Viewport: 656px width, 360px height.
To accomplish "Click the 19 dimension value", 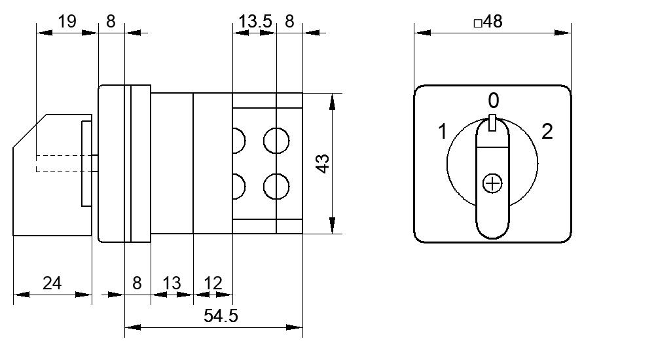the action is (x=67, y=21).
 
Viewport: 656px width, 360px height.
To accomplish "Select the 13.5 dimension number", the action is (x=255, y=21).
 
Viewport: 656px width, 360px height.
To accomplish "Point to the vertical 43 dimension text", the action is (x=323, y=164).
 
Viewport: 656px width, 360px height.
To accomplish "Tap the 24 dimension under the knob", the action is (x=52, y=283).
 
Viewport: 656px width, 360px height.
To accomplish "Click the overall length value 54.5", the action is (x=221, y=315).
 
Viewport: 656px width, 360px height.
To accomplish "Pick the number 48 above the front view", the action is (x=493, y=21).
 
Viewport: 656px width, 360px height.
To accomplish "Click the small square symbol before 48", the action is (x=478, y=23).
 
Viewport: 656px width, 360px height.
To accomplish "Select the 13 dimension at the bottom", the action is (x=172, y=283).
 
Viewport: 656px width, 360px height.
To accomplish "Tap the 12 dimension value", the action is (x=213, y=283).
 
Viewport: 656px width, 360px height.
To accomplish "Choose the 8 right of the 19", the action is (x=111, y=21).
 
